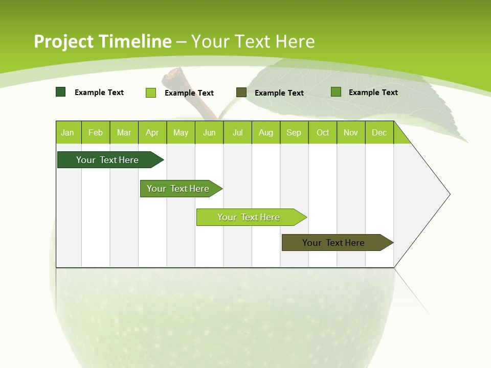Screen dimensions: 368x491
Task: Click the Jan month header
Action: [68, 132]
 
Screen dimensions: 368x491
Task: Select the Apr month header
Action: [152, 132]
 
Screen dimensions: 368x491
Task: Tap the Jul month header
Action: [237, 132]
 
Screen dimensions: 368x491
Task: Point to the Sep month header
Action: [294, 132]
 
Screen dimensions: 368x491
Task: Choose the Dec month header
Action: [379, 132]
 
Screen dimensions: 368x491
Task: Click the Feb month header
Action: [96, 132]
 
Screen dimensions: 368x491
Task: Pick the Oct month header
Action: [323, 132]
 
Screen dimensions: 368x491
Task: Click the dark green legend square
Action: [61, 92]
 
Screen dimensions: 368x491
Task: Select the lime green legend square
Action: [151, 93]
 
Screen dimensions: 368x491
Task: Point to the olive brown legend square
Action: [241, 92]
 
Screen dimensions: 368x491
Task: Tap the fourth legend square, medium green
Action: [336, 92]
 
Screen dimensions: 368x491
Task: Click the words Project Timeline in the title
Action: [102, 41]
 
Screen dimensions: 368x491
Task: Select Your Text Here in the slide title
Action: [253, 41]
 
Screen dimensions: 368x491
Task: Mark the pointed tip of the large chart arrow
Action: [449, 194]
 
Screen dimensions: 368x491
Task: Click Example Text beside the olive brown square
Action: [279, 93]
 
